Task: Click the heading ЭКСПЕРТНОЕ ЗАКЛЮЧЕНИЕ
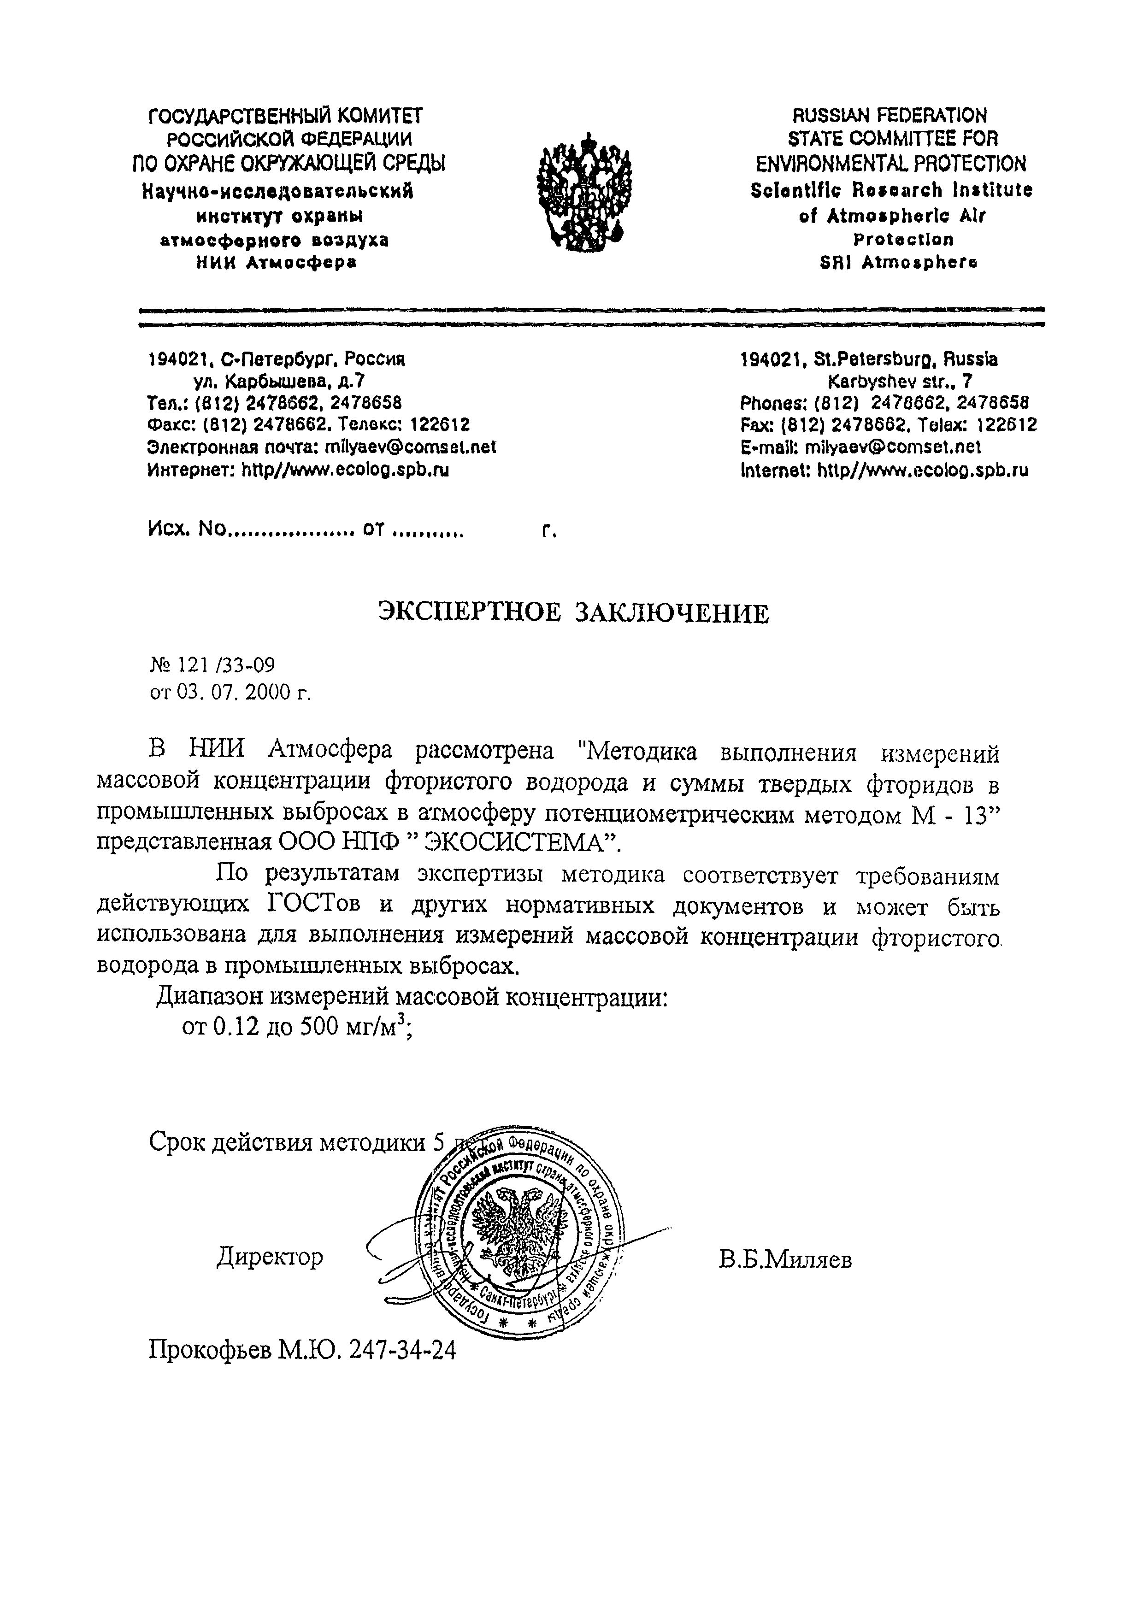click(x=573, y=613)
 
